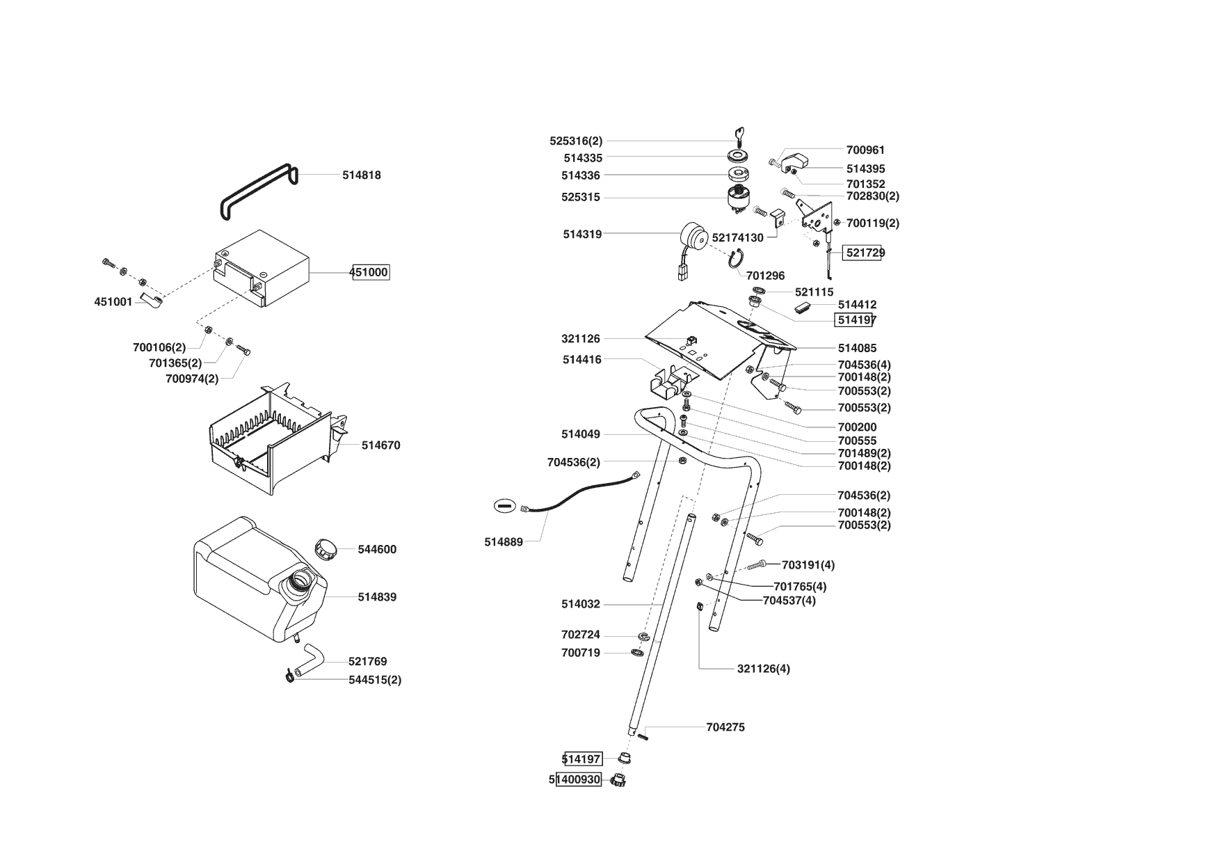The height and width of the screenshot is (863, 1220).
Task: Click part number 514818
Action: click(361, 175)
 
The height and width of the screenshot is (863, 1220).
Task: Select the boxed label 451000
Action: click(369, 272)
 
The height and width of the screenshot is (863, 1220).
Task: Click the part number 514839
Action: click(377, 597)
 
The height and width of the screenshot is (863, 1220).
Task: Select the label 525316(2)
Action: click(576, 141)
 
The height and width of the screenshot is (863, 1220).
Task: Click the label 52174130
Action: click(737, 238)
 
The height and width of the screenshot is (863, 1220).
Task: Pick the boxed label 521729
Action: click(864, 253)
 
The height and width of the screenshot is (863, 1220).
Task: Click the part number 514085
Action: click(857, 348)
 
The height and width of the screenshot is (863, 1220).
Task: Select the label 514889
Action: click(504, 542)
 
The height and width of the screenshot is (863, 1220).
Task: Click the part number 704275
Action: click(725, 727)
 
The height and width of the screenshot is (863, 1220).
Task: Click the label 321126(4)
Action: click(763, 669)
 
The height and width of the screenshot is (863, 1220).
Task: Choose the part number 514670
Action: click(380, 445)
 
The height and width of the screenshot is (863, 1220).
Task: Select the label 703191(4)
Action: click(808, 565)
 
